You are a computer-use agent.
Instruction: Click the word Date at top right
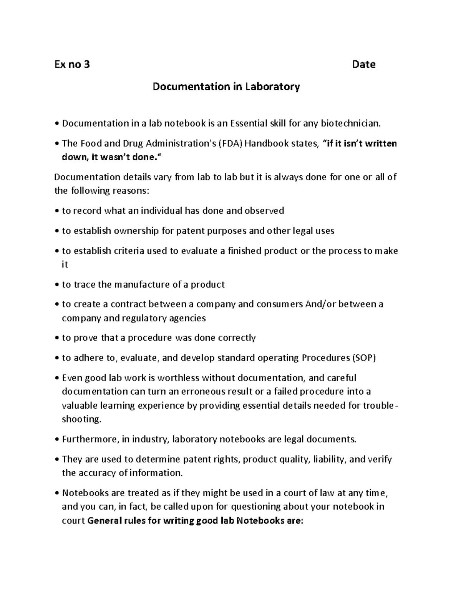(363, 64)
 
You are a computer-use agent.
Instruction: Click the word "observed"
(264, 211)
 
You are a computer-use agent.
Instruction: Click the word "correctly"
(237, 338)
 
